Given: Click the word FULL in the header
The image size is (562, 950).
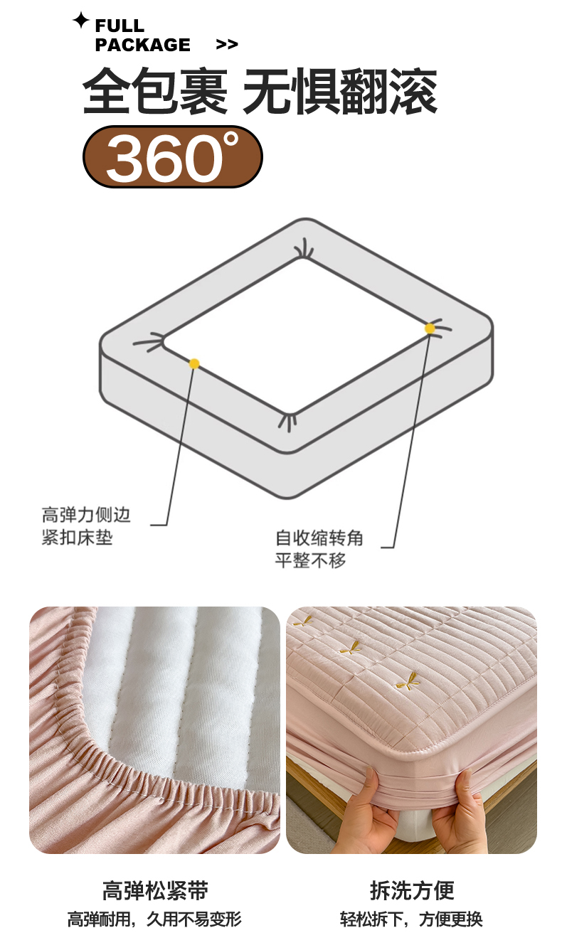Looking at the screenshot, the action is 120,26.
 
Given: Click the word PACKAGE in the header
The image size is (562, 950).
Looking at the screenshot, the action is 142,45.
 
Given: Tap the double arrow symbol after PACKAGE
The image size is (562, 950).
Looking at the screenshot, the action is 227,45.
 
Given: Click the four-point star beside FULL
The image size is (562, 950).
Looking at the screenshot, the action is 80,20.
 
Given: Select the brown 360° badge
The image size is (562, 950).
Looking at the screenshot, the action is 173,157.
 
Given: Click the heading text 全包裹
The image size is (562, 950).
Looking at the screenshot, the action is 155,91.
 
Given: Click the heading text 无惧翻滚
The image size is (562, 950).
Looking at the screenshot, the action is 340,91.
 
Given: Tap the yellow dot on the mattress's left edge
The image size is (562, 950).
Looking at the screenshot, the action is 194,363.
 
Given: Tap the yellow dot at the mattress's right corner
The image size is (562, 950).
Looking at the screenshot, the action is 430,329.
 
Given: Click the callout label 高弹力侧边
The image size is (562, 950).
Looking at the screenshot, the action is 86,514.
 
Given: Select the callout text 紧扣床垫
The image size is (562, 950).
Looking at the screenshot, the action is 78,538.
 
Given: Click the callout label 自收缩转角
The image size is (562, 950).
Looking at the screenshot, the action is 319,538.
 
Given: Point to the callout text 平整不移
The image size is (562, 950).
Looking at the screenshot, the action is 310,560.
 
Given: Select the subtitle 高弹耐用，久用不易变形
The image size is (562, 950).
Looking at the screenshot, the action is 154,919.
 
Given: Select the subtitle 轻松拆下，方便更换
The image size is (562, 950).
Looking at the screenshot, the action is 411,919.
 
